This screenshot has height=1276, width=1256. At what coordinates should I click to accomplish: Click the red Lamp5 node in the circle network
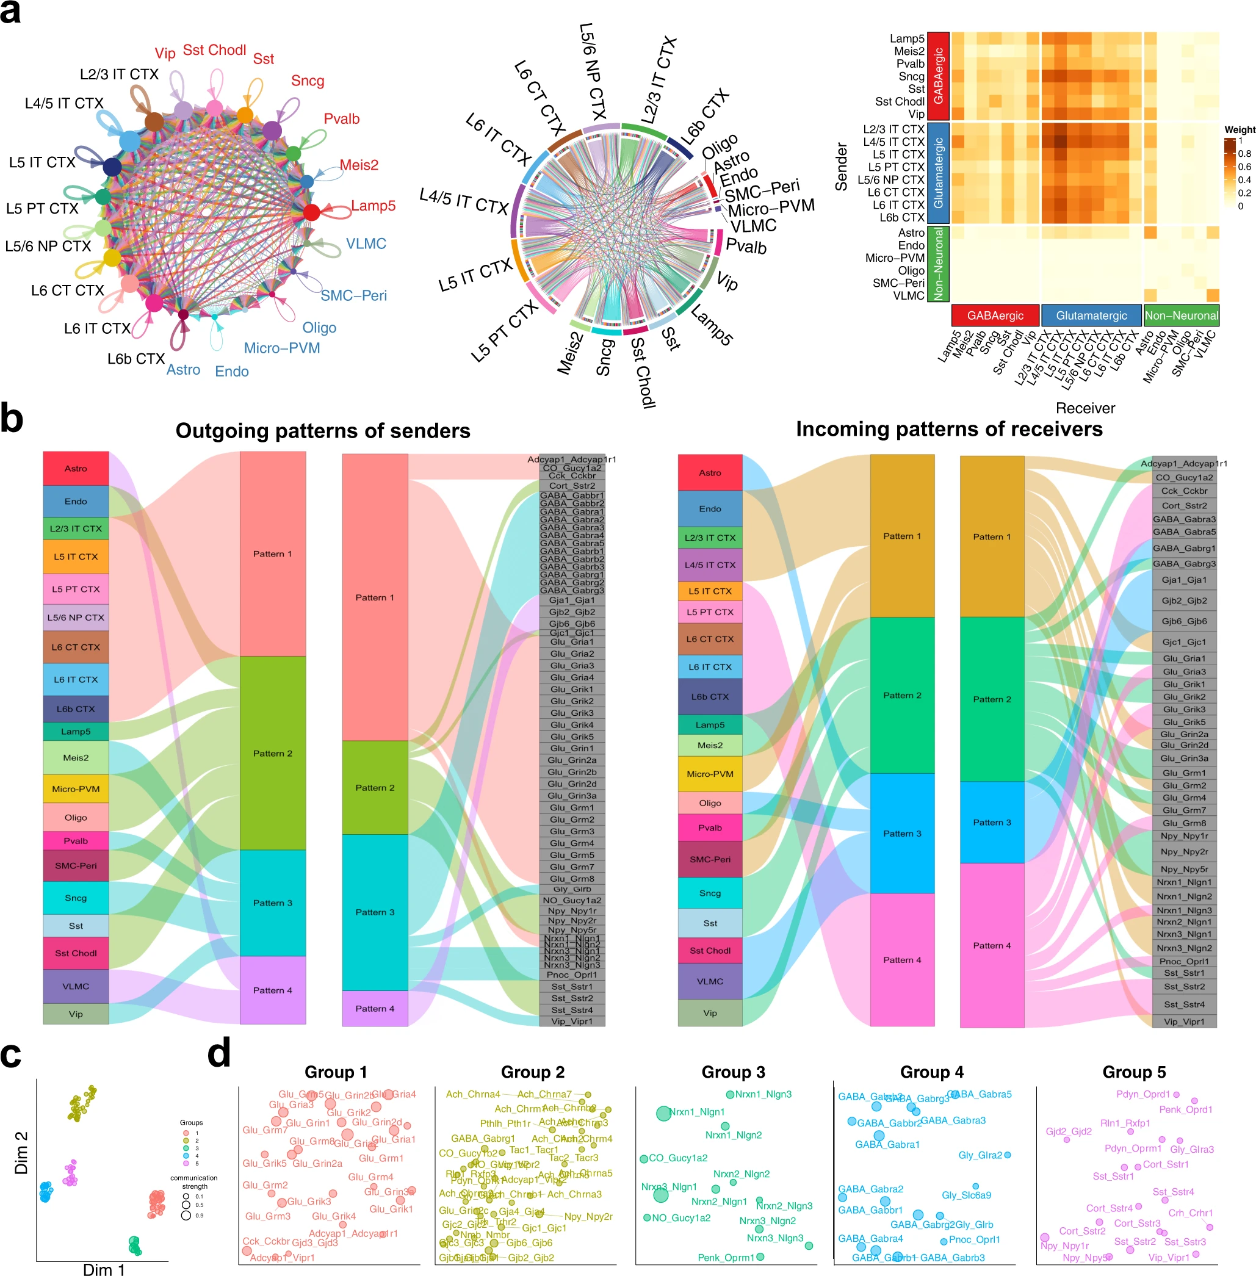[311, 212]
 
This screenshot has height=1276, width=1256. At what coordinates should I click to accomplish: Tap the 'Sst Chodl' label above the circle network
[214, 50]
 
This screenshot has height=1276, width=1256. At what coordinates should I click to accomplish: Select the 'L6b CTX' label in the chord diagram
[705, 115]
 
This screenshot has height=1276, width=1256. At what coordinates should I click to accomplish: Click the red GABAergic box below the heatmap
[995, 315]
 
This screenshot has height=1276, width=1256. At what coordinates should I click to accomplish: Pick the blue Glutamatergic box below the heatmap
[1091, 315]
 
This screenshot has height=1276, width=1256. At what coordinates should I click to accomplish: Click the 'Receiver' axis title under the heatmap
[1085, 408]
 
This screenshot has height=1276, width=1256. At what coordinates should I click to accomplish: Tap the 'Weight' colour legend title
[1240, 129]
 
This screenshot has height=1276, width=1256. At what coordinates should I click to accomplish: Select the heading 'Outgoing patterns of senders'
[323, 431]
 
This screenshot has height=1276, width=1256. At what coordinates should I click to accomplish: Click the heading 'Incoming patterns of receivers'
[948, 429]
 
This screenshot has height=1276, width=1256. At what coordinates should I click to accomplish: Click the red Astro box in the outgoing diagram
[76, 468]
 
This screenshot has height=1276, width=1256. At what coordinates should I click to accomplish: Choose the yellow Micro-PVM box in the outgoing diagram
[76, 788]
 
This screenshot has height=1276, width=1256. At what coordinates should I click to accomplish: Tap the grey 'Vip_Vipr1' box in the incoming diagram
[1184, 1022]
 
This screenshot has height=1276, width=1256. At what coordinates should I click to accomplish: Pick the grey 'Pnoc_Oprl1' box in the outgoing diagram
[572, 975]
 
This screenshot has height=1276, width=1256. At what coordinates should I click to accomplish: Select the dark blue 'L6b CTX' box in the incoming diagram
[710, 696]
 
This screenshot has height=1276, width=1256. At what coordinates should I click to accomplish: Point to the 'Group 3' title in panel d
[733, 1072]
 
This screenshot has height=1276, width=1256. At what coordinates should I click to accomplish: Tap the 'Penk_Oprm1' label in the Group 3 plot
[726, 1257]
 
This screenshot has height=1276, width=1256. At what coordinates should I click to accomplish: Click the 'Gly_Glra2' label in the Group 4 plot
[980, 1155]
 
